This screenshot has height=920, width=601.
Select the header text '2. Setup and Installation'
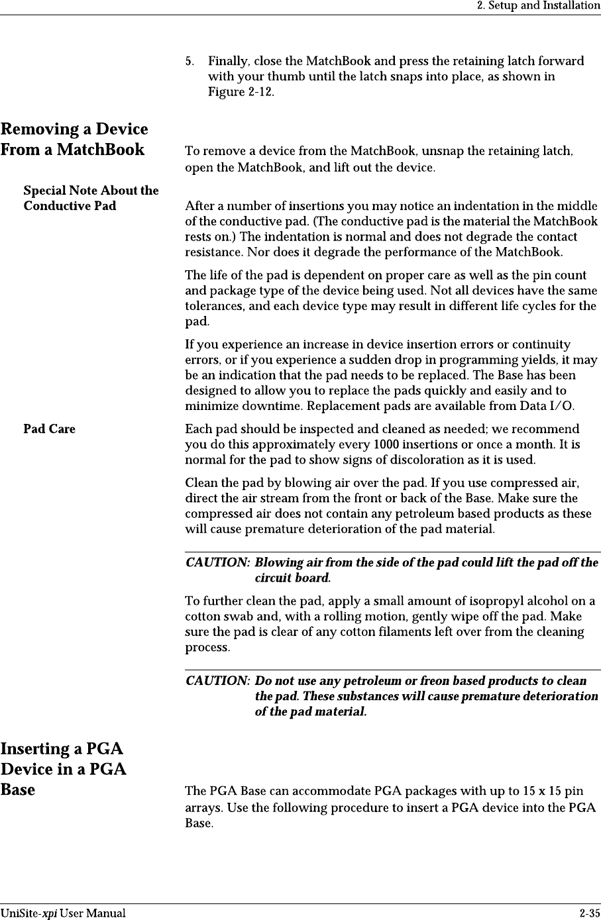coord(539,6)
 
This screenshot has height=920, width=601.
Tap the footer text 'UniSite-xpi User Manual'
coord(63,913)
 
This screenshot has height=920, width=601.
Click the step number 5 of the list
coord(190,62)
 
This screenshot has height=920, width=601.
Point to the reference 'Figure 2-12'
coord(240,91)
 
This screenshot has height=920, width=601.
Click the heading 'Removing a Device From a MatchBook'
coord(74,139)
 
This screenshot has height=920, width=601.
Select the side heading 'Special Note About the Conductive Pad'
coord(91,198)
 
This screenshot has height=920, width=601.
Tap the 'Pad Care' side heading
coord(50,429)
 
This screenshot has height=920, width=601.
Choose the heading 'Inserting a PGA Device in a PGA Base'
coord(64,769)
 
